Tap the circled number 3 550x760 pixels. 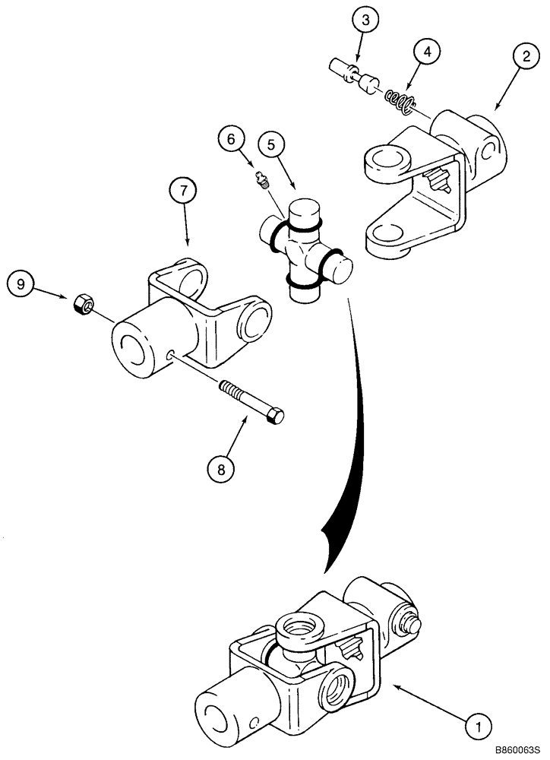(365, 20)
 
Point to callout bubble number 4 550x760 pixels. (428, 52)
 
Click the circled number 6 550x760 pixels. (232, 139)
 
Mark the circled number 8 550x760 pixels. (221, 469)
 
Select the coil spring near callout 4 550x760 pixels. (400, 99)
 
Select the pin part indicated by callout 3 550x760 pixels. (352, 77)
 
